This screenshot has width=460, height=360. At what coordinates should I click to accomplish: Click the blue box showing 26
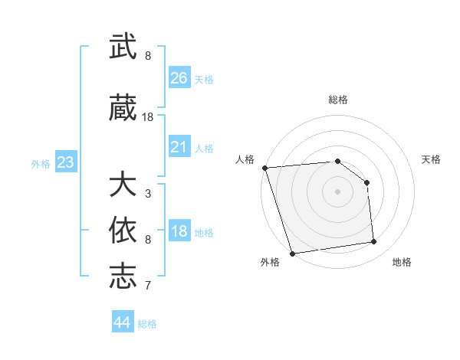(179, 78)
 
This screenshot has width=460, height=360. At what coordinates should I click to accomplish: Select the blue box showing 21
(179, 147)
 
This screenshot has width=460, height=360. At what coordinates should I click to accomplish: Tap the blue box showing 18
(179, 232)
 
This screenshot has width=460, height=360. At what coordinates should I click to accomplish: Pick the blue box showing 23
(65, 162)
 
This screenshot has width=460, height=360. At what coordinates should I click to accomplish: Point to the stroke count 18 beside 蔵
(148, 116)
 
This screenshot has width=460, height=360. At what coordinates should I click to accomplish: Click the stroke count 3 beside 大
(148, 193)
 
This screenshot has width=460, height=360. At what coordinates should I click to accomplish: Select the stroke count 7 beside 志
(148, 286)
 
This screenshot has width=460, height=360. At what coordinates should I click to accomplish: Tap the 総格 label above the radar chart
(338, 100)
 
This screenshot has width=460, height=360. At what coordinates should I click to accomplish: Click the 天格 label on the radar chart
(431, 159)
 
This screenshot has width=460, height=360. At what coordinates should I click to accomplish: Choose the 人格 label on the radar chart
(245, 159)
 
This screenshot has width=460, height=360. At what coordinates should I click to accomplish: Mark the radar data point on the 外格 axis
(292, 253)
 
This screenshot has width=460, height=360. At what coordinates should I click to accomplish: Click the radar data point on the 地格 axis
(374, 242)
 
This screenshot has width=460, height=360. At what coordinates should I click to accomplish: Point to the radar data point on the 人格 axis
(264, 168)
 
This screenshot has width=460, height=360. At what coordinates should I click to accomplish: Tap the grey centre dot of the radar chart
(338, 191)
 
